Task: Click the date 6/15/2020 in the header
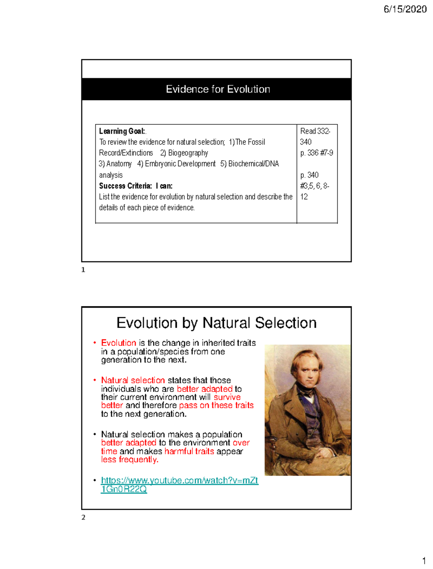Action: [x=405, y=9]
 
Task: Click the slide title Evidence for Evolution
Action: [x=218, y=89]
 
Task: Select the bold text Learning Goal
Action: [x=122, y=131]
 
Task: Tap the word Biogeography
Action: [x=188, y=153]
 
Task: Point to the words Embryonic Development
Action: [x=180, y=164]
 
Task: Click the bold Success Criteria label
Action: [x=125, y=186]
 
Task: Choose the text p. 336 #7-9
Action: [x=316, y=153]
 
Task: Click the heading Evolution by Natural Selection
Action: [x=216, y=323]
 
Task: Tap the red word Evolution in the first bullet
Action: [x=118, y=342]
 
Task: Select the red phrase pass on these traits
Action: [x=216, y=405]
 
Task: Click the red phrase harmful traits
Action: [x=189, y=451]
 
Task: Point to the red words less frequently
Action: [x=130, y=460]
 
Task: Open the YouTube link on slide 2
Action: [x=179, y=480]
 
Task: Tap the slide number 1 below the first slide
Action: [x=83, y=270]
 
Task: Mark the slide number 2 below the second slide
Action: [x=83, y=517]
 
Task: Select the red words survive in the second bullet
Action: [x=227, y=397]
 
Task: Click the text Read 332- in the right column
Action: [x=315, y=131]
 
